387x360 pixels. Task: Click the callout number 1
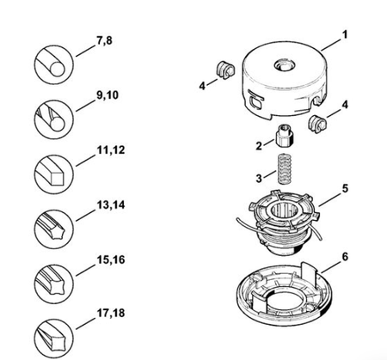(345, 34)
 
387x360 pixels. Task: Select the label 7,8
(104, 40)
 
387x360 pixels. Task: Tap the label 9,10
(107, 95)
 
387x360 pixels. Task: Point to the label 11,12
(111, 150)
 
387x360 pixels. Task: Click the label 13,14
(111, 205)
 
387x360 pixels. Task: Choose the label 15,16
(111, 259)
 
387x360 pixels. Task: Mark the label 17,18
(111, 313)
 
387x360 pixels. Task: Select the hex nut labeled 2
(285, 136)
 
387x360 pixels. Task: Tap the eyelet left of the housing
(225, 70)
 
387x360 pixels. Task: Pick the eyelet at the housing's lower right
(317, 124)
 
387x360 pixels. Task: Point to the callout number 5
(345, 189)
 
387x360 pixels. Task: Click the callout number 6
(345, 257)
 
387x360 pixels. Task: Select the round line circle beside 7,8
(54, 64)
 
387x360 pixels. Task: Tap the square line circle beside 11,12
(54, 174)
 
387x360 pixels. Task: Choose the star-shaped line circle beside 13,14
(54, 229)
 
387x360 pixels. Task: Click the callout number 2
(259, 146)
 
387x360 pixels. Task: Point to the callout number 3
(259, 179)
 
